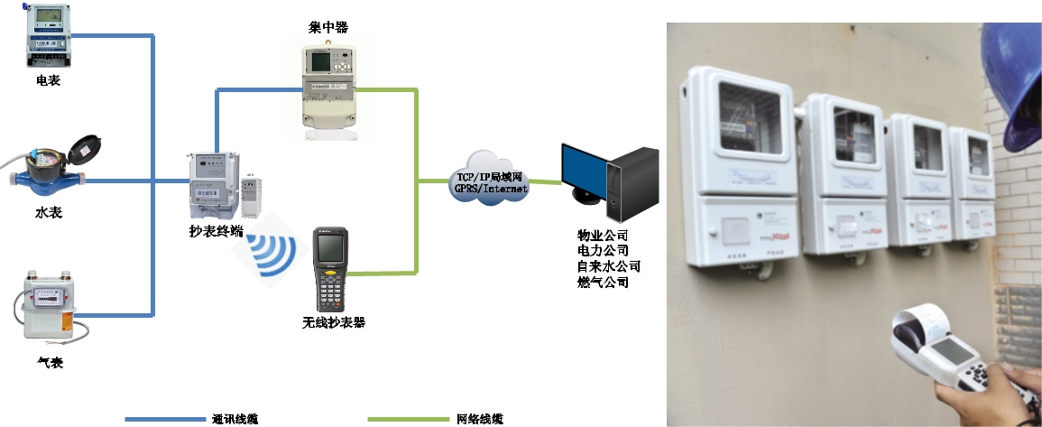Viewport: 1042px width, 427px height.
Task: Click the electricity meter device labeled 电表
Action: (x=48, y=37)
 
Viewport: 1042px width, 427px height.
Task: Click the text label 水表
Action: (x=49, y=212)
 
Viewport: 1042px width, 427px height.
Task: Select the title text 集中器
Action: (x=327, y=28)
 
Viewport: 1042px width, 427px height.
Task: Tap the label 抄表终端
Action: (x=216, y=232)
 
